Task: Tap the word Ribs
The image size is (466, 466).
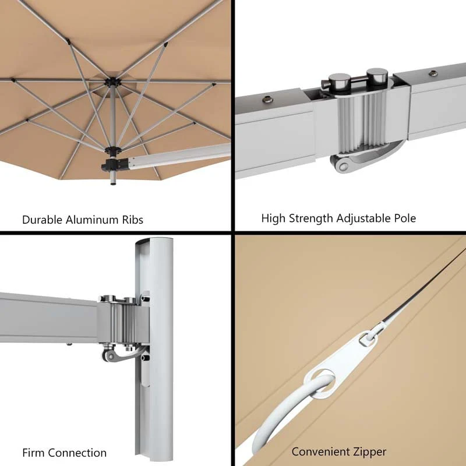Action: (x=131, y=220)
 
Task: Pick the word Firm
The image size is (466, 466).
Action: (x=34, y=453)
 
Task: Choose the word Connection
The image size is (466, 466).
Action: (x=77, y=453)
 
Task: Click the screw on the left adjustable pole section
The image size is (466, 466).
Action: (x=267, y=99)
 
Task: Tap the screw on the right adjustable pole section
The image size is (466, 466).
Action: (x=435, y=74)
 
